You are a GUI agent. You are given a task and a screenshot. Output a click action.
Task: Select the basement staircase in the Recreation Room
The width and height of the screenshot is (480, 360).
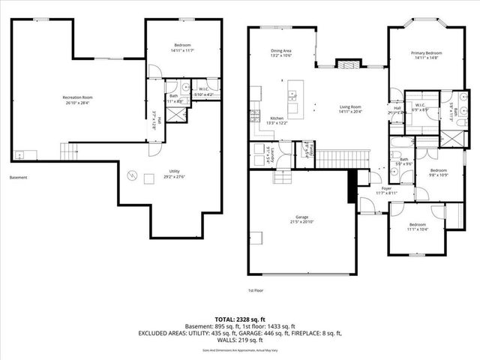tap(69, 152)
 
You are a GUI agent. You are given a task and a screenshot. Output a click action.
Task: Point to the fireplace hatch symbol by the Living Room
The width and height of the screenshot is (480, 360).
tap(346, 65)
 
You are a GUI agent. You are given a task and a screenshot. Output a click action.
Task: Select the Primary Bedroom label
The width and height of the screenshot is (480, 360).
tap(426, 53)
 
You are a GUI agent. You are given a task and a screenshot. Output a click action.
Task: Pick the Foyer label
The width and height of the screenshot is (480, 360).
tap(386, 188)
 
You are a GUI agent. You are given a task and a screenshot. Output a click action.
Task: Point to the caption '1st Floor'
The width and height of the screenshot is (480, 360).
tap(256, 290)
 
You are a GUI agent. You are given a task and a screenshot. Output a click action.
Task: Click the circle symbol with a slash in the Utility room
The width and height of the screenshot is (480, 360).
tap(132, 175)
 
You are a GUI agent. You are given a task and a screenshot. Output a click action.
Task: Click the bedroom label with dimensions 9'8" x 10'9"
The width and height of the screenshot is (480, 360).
tap(438, 172)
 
